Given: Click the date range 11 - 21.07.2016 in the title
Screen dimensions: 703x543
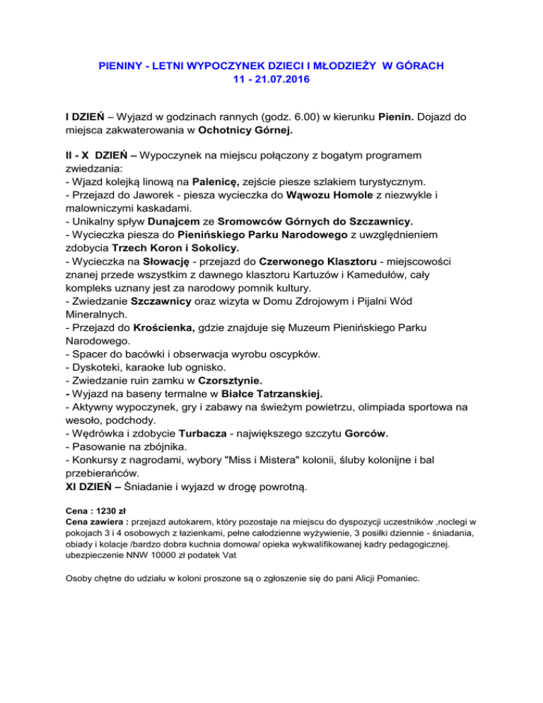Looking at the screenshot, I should (x=271, y=80).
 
